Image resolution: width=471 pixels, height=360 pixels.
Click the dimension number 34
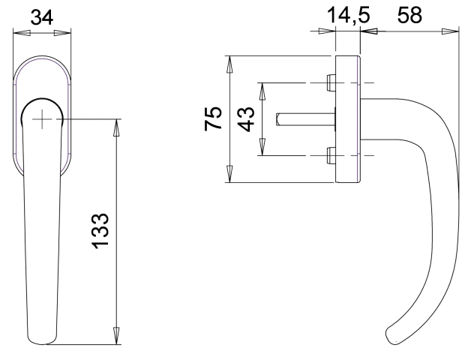tap(42, 16)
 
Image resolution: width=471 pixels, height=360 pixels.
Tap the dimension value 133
tap(100, 231)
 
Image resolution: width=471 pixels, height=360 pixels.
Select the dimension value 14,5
tap(348, 15)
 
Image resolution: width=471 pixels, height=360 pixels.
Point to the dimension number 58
tap(409, 15)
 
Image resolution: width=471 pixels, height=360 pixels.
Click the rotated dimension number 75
tap(213, 118)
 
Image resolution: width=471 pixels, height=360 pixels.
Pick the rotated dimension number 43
tap(247, 119)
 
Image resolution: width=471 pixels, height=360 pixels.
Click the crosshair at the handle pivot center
tap(42, 119)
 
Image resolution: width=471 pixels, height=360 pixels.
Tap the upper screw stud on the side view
tap(331, 82)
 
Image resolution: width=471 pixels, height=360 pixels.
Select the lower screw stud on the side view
tap(331, 156)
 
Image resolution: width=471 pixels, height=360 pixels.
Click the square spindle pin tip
tap(277, 119)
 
